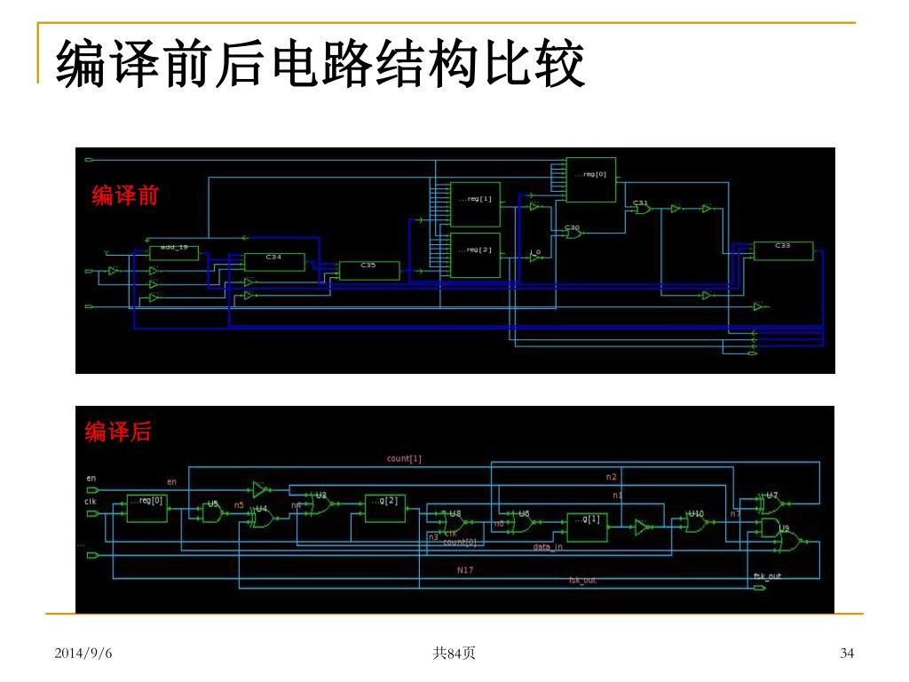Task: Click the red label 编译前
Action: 125,195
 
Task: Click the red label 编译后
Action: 118,432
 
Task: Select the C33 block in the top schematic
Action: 782,250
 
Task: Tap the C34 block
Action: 273,262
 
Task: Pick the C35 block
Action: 368,270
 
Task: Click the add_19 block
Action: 173,248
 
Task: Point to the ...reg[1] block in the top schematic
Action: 475,204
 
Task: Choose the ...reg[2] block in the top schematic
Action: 475,255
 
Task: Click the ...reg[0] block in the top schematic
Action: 590,179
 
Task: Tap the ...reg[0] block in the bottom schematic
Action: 146,507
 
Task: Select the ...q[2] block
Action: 384,507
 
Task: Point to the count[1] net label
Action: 404,459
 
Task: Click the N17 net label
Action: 465,569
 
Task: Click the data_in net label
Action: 547,547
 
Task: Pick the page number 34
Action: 847,654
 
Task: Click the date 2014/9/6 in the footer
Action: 83,654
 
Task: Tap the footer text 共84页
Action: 454,654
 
